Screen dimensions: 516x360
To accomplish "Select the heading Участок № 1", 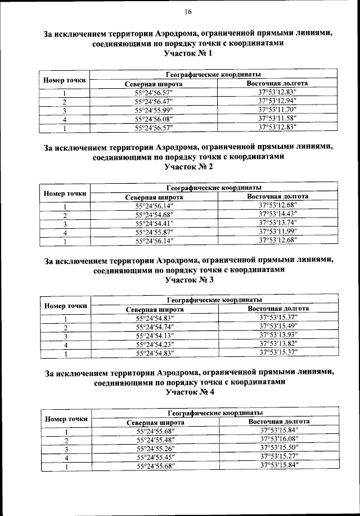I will tap(188, 54).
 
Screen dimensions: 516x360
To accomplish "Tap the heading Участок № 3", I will tap(188, 279).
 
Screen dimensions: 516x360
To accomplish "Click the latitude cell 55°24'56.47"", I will tap(155, 102).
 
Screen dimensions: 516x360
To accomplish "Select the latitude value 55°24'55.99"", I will tap(155, 111).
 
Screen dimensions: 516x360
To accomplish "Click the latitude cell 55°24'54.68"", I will tap(155, 214).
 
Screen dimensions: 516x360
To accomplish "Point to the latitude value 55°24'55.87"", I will tap(155, 232).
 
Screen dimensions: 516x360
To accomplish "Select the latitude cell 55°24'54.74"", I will tap(155, 327).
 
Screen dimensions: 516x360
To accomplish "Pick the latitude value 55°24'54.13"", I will tap(155, 336).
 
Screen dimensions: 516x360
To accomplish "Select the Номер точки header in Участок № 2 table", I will tap(65, 193).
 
